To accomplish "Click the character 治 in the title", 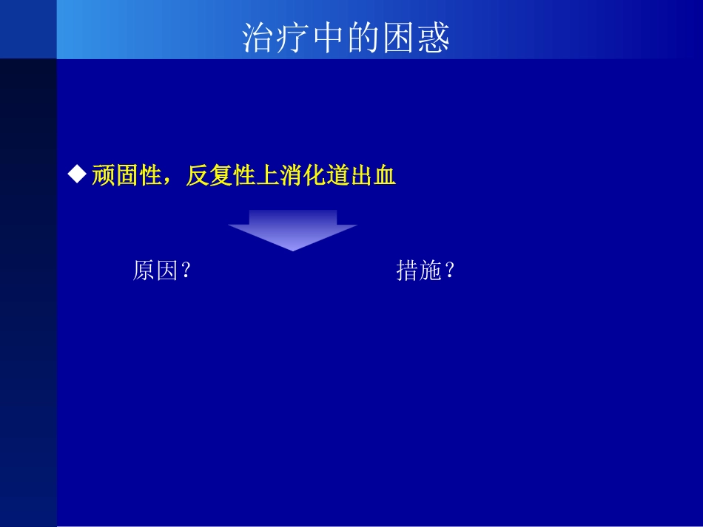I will (260, 38).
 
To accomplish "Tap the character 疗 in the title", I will (295, 38).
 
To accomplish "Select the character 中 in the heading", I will (329, 38).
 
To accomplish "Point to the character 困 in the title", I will (398, 38).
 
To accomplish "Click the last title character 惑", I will (433, 38).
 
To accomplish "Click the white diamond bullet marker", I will (76, 175).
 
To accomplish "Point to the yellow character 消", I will (292, 177).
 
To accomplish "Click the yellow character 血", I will (386, 177).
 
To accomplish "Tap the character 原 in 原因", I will (144, 271).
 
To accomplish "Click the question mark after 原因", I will (186, 271).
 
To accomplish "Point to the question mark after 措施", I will (449, 271).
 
